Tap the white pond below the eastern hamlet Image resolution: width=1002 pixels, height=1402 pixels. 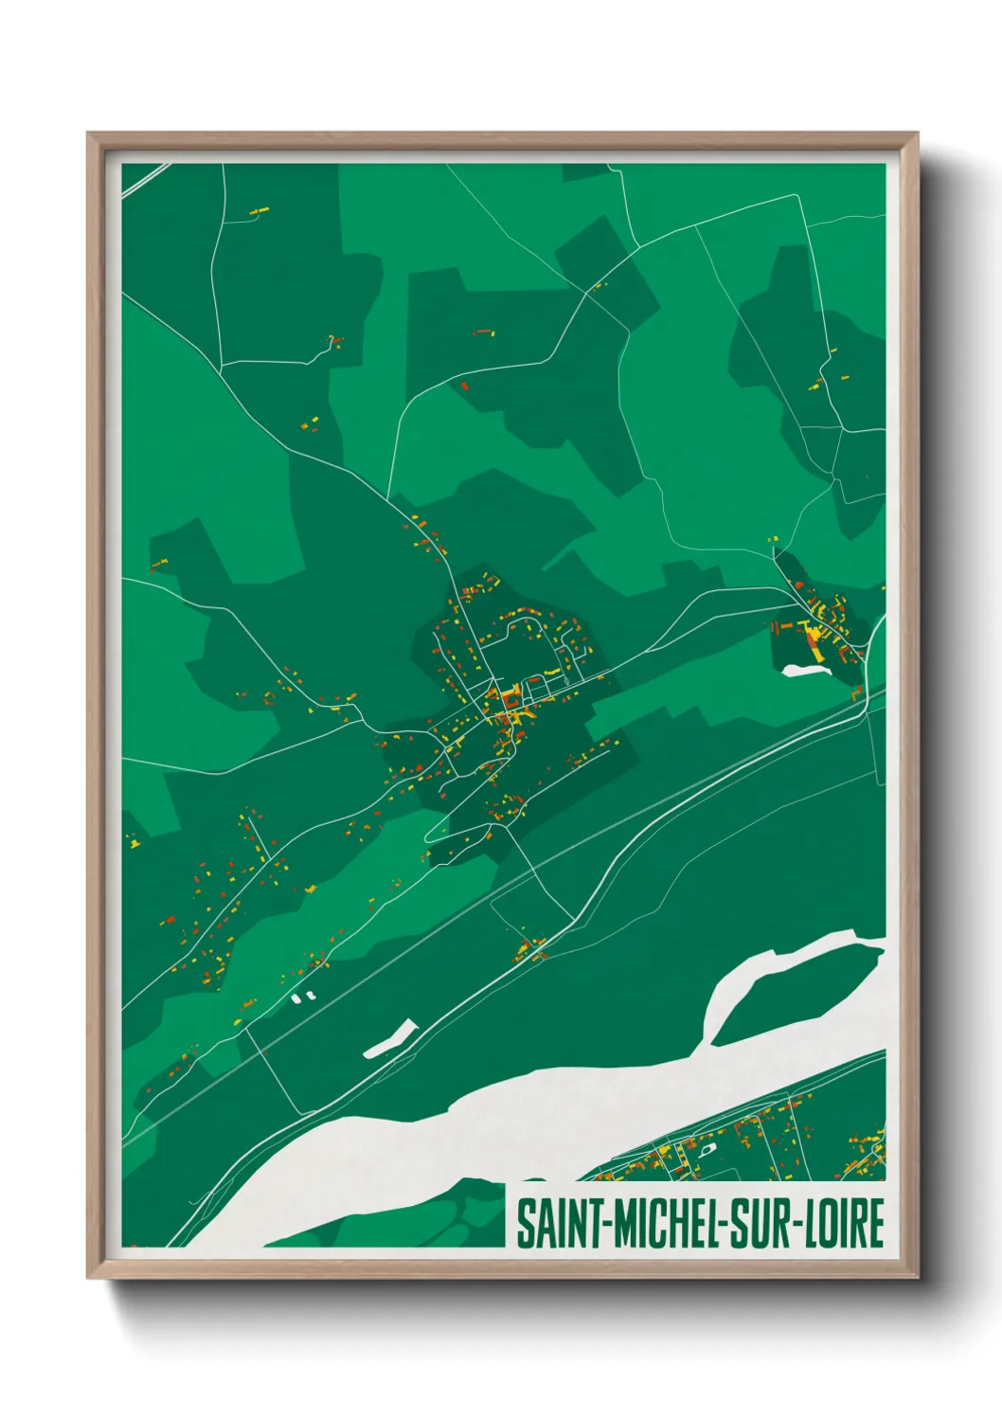tap(805, 671)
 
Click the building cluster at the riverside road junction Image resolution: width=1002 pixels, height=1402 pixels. tap(530, 948)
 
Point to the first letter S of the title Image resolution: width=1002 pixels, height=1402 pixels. tap(524, 1224)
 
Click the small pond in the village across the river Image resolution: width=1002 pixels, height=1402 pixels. tap(706, 1150)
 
